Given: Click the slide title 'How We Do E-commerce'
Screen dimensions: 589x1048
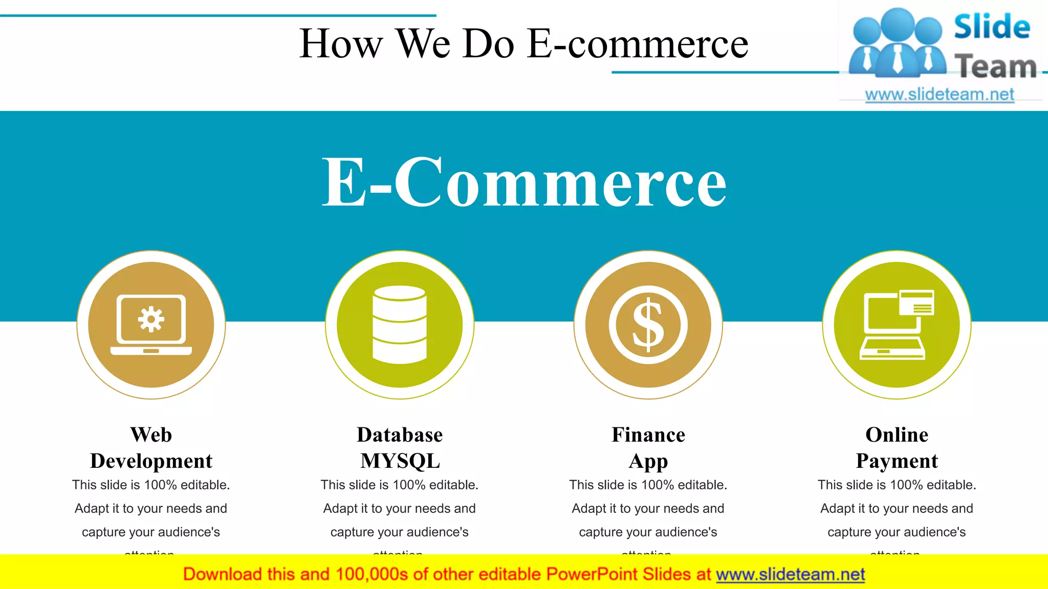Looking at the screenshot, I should click(523, 44).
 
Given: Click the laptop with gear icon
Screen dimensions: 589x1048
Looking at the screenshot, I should click(151, 325).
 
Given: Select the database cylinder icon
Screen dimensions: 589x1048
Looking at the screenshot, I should click(400, 325).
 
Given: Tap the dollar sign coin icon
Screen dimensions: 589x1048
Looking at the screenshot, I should click(648, 325).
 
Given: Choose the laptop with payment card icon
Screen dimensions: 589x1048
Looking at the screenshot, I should click(897, 325).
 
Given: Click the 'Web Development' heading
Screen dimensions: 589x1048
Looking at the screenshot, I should click(151, 448).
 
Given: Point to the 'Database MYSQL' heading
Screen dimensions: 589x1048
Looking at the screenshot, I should click(400, 448).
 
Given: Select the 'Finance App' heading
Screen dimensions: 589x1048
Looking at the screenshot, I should click(648, 448).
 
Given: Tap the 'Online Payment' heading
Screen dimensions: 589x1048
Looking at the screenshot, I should click(897, 448).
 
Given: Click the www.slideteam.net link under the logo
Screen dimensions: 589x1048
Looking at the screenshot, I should click(940, 95).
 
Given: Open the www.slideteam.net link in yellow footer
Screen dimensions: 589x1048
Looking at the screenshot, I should click(790, 575).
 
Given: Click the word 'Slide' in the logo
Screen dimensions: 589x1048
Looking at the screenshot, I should click(992, 27).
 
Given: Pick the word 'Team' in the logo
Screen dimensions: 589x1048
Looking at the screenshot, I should click(995, 66).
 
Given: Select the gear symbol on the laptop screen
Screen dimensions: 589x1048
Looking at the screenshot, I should click(151, 320).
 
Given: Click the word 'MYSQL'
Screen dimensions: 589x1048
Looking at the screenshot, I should click(400, 461).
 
